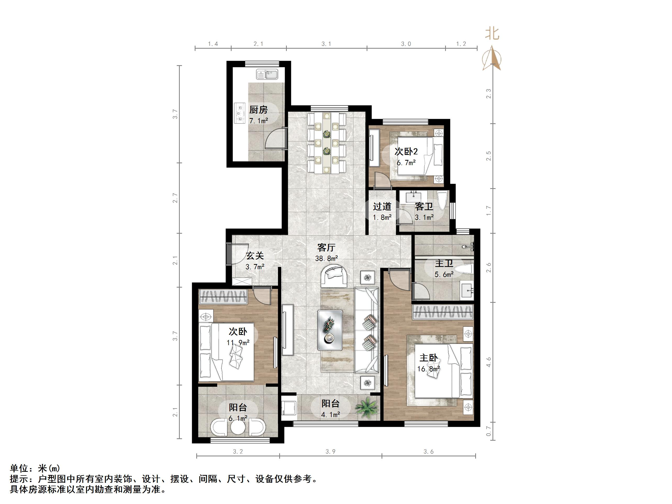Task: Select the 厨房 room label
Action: click(258, 109)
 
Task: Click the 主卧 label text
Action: click(429, 358)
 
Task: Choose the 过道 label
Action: click(382, 206)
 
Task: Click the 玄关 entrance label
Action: click(255, 256)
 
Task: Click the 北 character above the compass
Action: click(492, 33)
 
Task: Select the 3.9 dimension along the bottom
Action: click(330, 452)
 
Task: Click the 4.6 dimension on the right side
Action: click(489, 362)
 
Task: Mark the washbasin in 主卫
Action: click(467, 290)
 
